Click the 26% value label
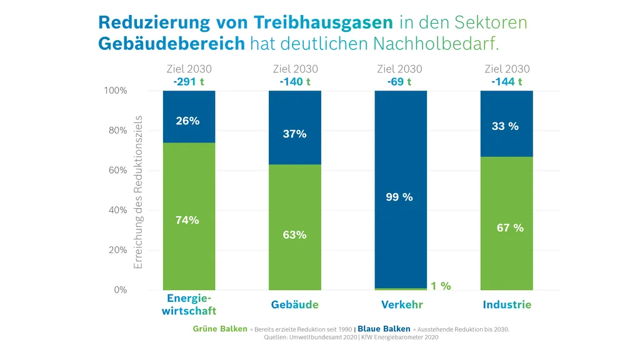pyautogui.click(x=187, y=121)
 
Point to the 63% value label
pyautogui.click(x=294, y=235)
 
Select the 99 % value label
pyautogui.click(x=399, y=197)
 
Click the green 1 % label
pyautogui.click(x=440, y=286)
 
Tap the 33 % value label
pyautogui.click(x=506, y=126)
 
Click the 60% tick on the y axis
pyautogui.click(x=117, y=171)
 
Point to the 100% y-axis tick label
pyautogui.click(x=115, y=91)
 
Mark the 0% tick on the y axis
pyautogui.click(x=119, y=290)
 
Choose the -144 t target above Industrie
pyautogui.click(x=506, y=81)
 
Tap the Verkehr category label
pyautogui.click(x=402, y=305)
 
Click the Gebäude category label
pyautogui.click(x=294, y=305)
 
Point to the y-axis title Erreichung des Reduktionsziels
pyautogui.click(x=139, y=192)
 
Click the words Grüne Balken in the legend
pyautogui.click(x=220, y=329)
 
